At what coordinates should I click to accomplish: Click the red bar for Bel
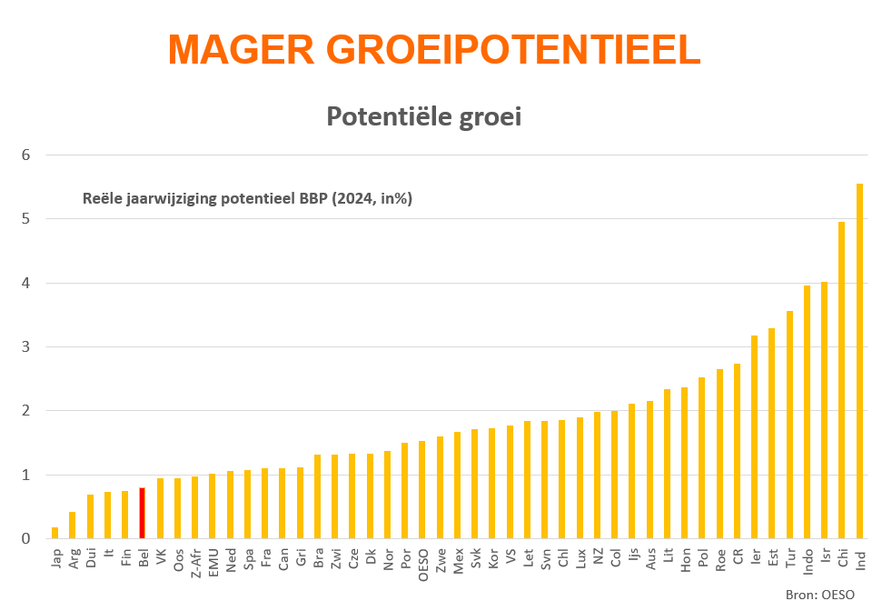pos(142,514)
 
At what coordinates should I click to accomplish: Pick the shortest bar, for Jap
pos(55,533)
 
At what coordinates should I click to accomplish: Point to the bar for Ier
pos(755,437)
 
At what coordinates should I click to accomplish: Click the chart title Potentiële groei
pos(423,117)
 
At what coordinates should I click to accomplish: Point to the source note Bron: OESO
pos(820,595)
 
